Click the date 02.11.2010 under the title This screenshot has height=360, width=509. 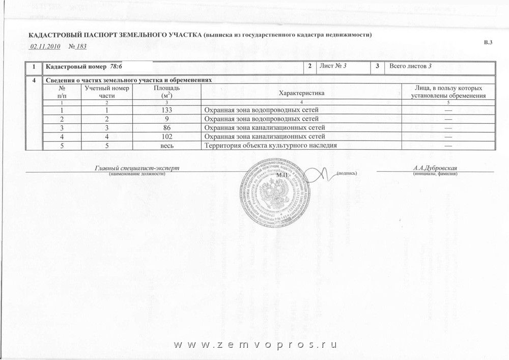tap(45, 47)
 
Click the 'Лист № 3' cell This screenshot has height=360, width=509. tap(334, 67)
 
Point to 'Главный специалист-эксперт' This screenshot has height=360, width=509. tap(137, 168)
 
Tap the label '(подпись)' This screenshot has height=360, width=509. tap(347, 174)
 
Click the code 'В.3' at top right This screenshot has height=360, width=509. tap(488, 42)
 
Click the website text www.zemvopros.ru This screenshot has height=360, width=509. tap(256, 344)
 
